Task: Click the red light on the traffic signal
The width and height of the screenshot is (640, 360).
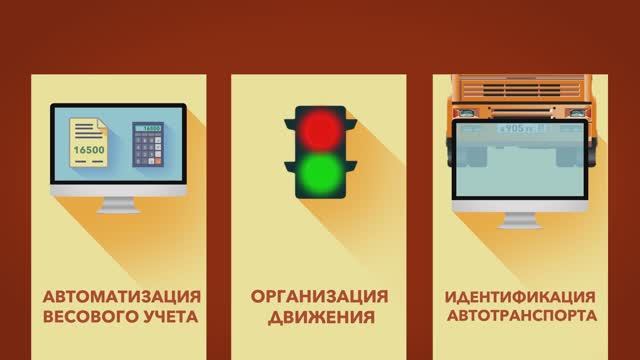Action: [319, 127]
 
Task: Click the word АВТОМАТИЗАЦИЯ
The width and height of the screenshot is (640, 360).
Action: [120, 298]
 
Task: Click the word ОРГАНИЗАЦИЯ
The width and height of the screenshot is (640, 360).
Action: [319, 298]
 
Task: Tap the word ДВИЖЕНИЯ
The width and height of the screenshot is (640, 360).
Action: [319, 318]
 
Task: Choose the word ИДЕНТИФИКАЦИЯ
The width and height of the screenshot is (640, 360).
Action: [522, 298]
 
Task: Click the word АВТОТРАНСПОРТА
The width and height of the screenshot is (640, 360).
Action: [522, 318]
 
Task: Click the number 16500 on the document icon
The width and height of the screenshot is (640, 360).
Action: [91, 151]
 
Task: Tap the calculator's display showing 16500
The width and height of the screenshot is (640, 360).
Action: [149, 130]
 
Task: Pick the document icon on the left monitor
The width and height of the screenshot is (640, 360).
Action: [91, 146]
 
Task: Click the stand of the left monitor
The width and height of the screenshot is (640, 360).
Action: [120, 204]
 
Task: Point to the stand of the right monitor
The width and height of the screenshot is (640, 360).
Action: [519, 218]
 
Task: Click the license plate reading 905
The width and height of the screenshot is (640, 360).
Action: [518, 129]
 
